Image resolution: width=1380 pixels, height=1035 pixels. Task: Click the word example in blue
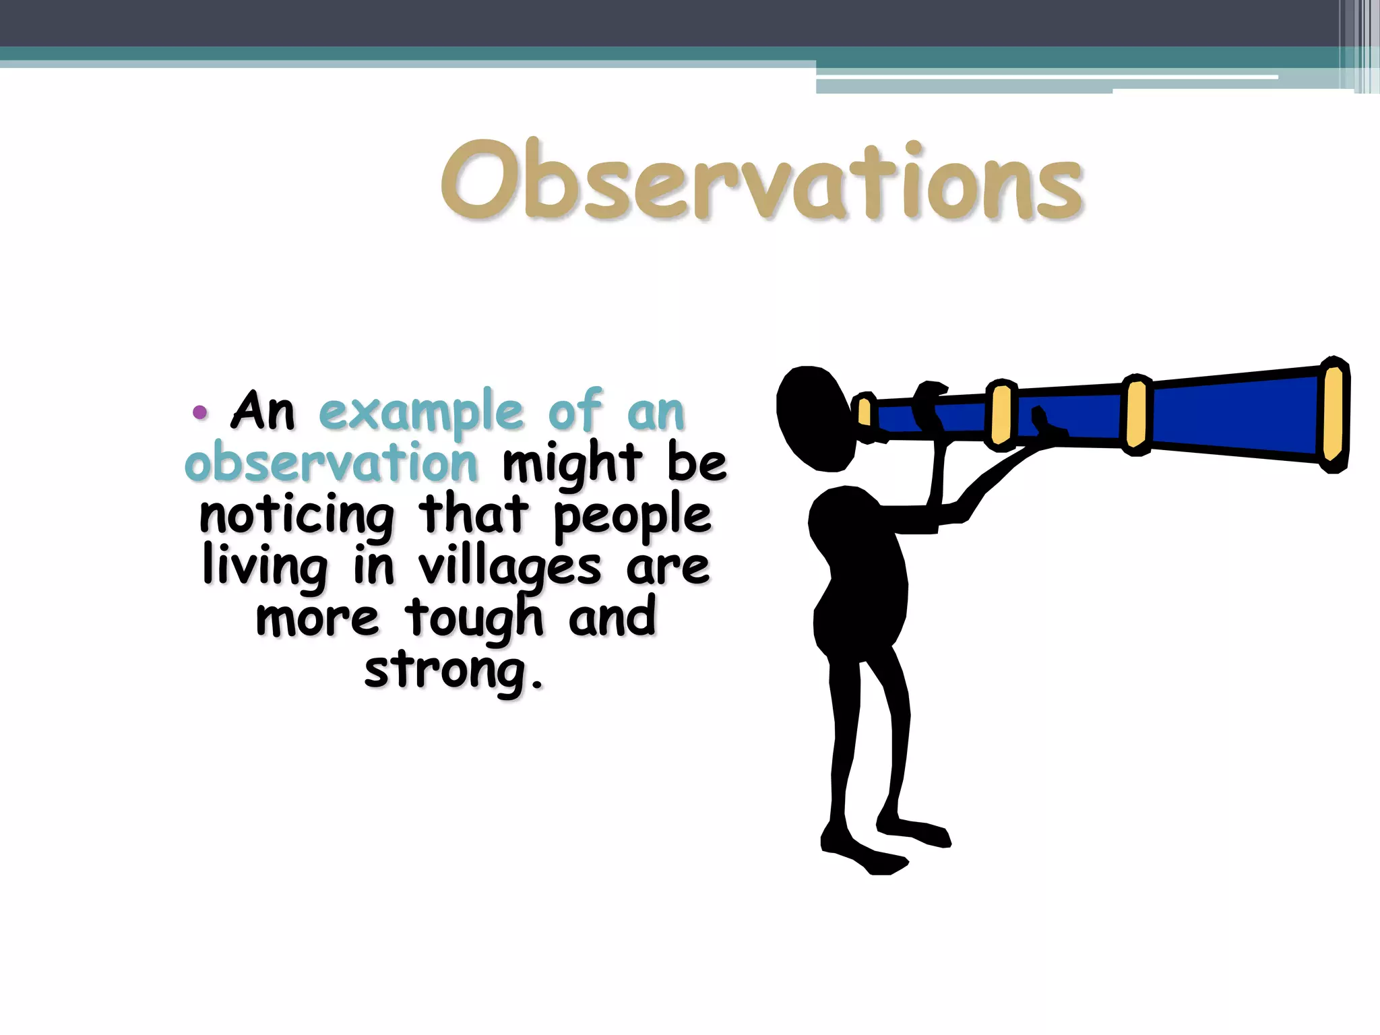point(421,412)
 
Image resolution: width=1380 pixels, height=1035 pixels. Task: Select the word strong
point(453,671)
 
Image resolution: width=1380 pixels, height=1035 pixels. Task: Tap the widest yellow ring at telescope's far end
point(1334,414)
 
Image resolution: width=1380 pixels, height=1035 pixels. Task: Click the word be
point(697,464)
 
